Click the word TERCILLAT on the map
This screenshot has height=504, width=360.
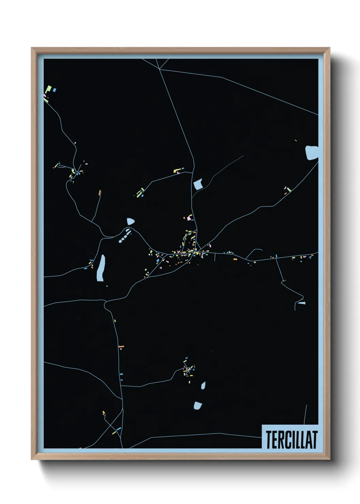[x=292, y=439]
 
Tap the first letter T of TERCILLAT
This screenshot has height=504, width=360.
[x=268, y=439]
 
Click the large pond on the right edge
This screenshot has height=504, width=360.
[x=312, y=152]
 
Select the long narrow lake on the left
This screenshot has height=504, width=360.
[x=101, y=268]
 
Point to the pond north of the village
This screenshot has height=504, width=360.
[x=198, y=184]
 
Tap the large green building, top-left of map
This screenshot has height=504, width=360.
[x=48, y=90]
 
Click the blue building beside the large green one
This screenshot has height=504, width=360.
[x=54, y=90]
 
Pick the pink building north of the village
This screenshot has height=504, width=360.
[x=189, y=218]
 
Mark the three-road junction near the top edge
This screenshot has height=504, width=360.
[x=160, y=69]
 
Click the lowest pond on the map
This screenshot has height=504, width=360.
[x=198, y=405]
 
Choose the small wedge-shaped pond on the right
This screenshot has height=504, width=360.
[x=301, y=303]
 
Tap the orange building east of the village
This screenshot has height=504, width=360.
[x=235, y=259]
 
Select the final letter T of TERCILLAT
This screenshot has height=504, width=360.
[x=314, y=439]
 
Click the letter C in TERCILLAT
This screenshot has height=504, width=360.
[x=285, y=439]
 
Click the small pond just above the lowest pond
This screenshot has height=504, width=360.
[x=203, y=385]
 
